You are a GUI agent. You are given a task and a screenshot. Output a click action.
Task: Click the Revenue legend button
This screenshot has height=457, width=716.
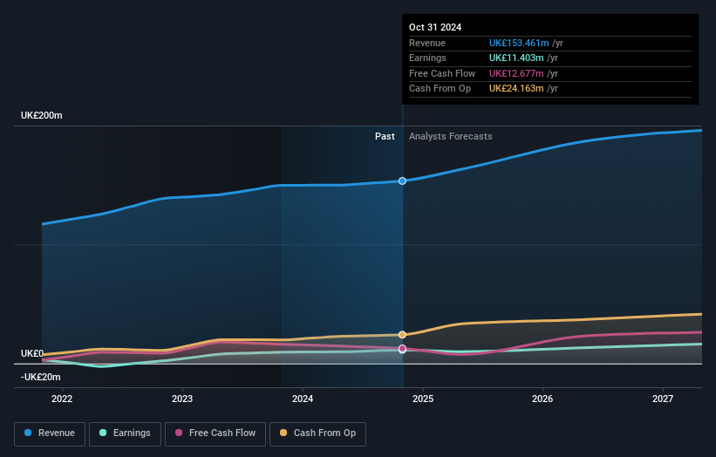(x=51, y=433)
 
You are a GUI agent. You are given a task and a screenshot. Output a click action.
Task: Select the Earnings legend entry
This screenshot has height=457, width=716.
(x=125, y=433)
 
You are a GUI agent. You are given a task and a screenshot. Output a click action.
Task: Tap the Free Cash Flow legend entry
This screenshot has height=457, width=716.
(x=215, y=433)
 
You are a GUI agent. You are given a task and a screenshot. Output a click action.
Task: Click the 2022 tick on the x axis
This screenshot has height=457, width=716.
(x=62, y=399)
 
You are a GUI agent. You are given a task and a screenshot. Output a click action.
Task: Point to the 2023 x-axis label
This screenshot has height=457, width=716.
(x=182, y=399)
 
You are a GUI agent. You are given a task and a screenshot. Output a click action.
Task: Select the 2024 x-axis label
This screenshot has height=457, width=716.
(x=303, y=399)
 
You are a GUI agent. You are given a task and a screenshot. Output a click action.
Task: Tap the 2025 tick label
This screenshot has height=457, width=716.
(x=423, y=399)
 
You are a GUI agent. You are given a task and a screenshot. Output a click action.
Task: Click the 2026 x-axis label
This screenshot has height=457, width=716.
(x=542, y=399)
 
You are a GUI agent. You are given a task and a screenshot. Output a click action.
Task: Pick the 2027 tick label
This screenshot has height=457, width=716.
(x=663, y=399)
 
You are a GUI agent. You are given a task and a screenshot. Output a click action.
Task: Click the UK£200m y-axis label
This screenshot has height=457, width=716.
(x=42, y=115)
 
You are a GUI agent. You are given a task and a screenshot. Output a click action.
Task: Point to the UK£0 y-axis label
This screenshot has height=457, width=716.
(x=32, y=353)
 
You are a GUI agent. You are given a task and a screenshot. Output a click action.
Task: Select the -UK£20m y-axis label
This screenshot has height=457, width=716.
(x=42, y=377)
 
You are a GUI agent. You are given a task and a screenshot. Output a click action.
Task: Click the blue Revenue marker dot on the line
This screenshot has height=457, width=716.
(x=402, y=181)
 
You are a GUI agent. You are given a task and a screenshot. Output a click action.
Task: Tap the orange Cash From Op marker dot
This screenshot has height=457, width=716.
(x=402, y=335)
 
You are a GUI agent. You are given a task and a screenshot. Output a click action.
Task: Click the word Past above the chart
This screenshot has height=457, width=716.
(x=385, y=136)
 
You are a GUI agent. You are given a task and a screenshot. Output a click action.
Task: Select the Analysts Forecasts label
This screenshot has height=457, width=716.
(x=450, y=136)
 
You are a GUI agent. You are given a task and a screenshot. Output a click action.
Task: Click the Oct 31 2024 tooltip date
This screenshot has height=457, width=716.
(x=434, y=27)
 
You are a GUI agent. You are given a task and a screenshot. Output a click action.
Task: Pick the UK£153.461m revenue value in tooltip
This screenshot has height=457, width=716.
(x=519, y=43)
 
